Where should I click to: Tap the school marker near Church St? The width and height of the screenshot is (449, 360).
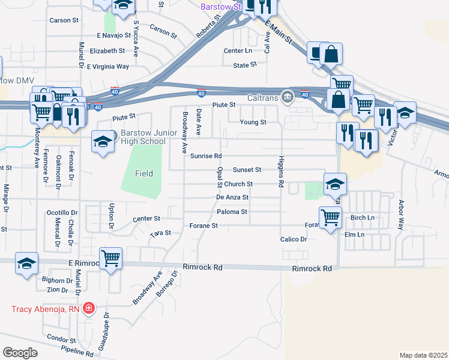pos(335,184)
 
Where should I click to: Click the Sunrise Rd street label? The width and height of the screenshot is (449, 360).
pos(206,156)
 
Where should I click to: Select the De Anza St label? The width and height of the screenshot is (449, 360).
pos(232,197)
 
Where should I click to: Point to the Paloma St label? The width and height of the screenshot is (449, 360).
pos(232,212)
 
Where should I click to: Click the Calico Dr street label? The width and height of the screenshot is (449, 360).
pos(294,239)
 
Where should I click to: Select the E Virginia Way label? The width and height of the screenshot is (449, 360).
pos(108,67)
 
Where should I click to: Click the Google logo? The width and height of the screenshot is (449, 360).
pos(20,353)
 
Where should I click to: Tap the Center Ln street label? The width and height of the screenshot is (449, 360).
pos(238,50)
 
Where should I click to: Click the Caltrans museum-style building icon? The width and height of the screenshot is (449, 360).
pos(288,97)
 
